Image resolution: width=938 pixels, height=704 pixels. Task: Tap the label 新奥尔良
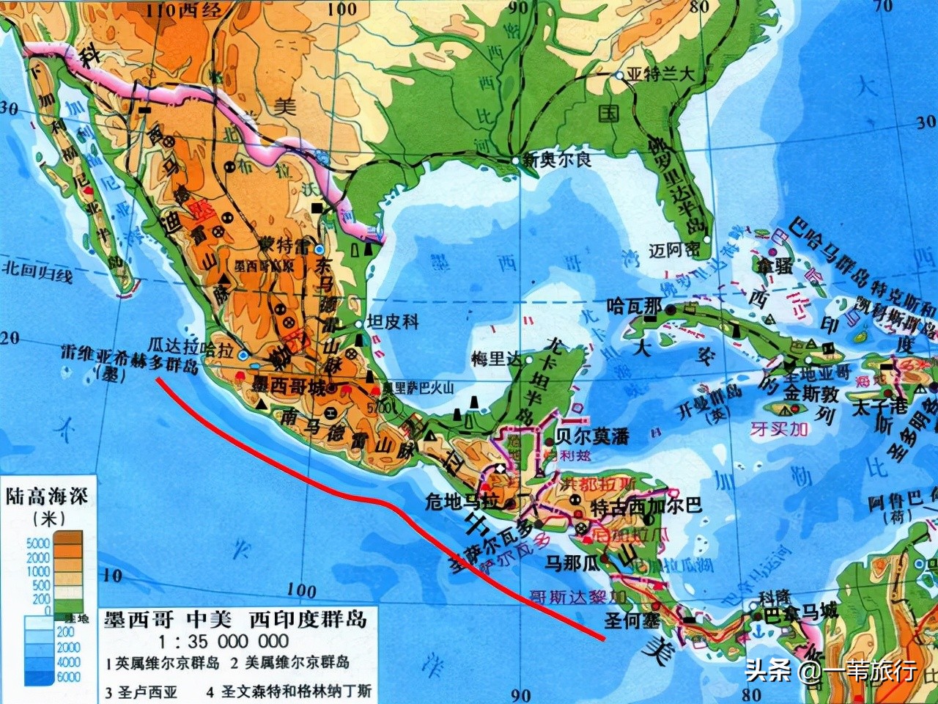(557, 159)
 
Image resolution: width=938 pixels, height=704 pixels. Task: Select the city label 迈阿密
(673, 251)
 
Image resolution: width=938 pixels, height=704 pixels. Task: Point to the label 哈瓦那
(634, 307)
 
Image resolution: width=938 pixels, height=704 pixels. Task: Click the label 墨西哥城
(289, 386)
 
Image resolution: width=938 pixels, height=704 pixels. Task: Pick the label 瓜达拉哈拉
(191, 346)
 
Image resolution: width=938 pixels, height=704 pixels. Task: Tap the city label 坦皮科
(393, 321)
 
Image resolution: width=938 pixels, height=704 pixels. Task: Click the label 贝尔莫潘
(592, 436)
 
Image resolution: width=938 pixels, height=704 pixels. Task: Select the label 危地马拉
(462, 502)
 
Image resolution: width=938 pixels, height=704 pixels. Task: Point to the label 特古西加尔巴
(646, 505)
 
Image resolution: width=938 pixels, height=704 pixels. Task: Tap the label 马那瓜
(572, 563)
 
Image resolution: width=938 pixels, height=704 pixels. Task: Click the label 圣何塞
(632, 620)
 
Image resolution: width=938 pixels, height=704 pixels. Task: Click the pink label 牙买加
(779, 428)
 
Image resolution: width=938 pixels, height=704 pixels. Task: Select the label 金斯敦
(811, 395)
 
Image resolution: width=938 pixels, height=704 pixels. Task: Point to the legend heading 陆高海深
(47, 496)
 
